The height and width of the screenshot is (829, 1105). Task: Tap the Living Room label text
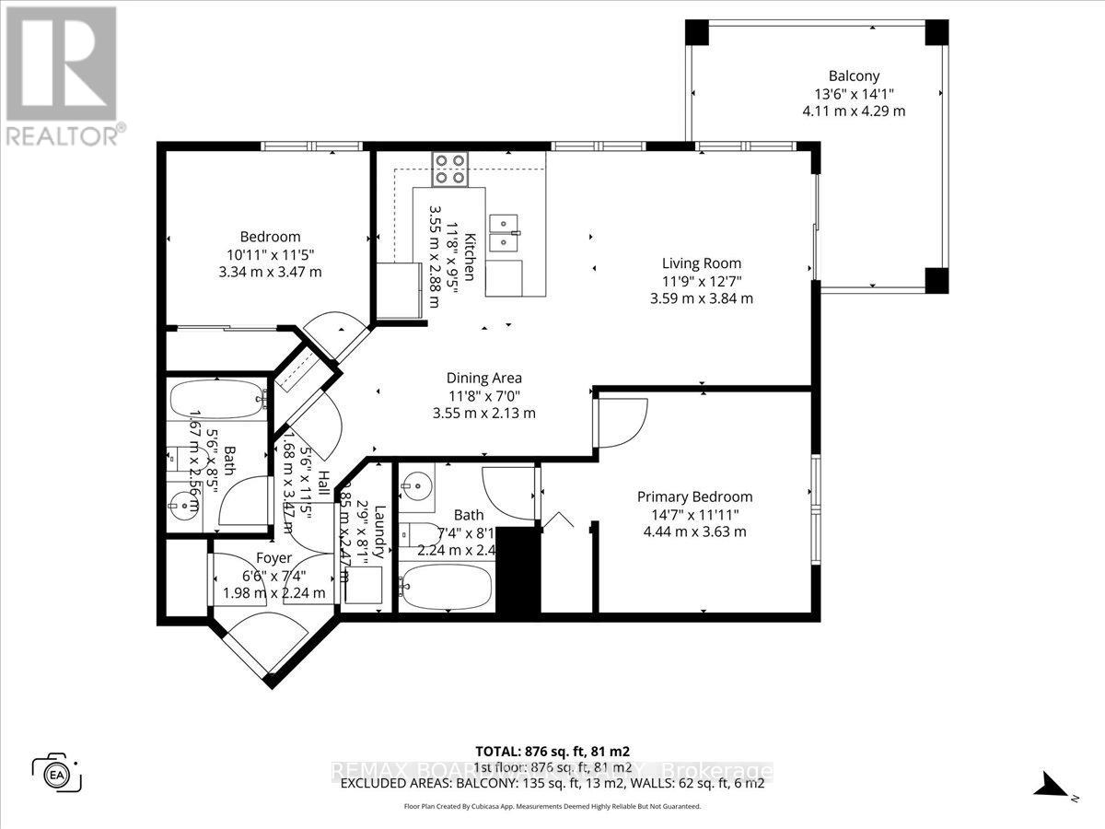[707, 263]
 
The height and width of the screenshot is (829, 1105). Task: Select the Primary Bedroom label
[694, 496]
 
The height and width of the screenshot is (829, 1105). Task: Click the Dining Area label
[483, 378]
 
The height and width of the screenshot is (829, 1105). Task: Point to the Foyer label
[273, 558]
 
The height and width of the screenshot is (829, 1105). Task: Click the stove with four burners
[449, 169]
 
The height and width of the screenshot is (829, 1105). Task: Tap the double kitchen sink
[503, 233]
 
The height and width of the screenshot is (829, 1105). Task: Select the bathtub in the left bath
[217, 399]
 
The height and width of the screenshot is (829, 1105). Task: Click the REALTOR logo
[63, 75]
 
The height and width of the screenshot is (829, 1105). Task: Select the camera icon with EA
[57, 772]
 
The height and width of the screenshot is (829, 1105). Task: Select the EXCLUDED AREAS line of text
[552, 784]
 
